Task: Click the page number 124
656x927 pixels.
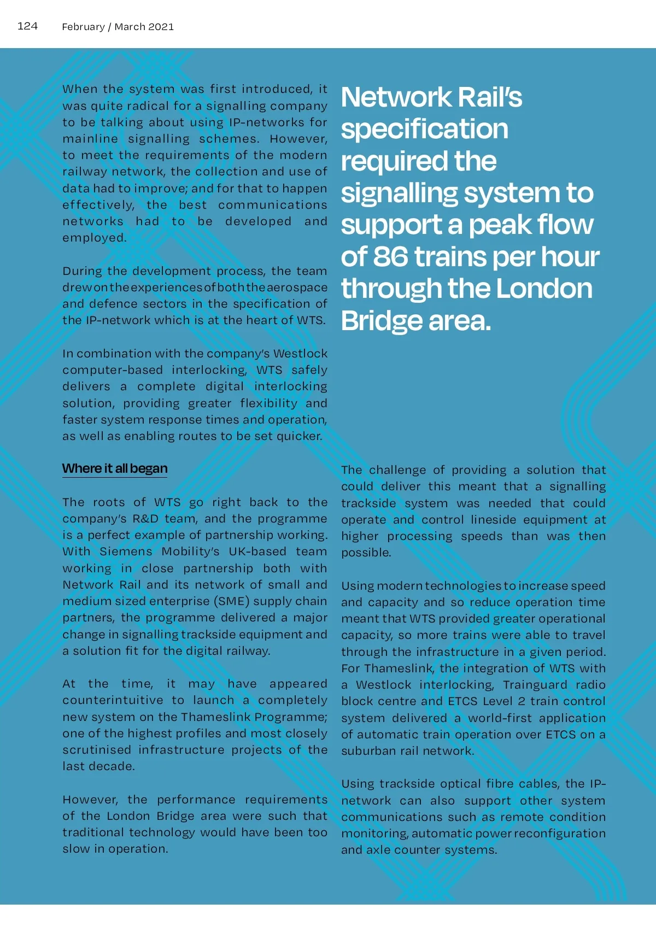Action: (x=27, y=26)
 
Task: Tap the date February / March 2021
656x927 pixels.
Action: (x=118, y=27)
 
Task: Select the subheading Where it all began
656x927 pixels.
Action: (x=115, y=468)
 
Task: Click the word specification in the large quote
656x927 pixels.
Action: (x=424, y=129)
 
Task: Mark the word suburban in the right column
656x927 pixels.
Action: (x=368, y=751)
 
